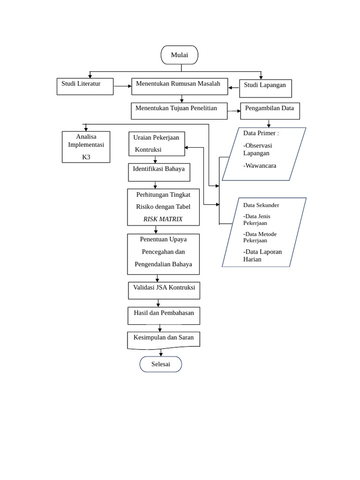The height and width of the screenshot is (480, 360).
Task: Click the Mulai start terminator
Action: [180, 55]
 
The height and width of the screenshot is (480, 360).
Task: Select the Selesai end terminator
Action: [161, 364]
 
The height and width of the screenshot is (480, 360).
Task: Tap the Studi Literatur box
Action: [85, 86]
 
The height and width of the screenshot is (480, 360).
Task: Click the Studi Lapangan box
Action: [265, 88]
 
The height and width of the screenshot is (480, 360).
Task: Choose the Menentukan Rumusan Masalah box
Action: [180, 86]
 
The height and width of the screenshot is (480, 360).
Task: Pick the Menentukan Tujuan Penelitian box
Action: [179, 111]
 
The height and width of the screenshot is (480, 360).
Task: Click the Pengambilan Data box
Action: [270, 111]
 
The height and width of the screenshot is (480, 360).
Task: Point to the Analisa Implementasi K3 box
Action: [86, 147]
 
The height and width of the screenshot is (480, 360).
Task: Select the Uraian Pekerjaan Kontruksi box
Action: [157, 143]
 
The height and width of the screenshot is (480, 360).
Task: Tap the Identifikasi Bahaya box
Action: [159, 172]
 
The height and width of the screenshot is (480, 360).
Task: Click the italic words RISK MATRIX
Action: [163, 219]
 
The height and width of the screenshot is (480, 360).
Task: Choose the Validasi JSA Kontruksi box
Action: [164, 290]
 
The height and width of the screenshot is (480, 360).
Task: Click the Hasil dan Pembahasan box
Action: [164, 315]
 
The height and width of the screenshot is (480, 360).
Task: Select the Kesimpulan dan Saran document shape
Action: [164, 340]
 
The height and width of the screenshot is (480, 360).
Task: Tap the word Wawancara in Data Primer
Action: [260, 165]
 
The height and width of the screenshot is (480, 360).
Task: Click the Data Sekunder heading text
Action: [261, 205]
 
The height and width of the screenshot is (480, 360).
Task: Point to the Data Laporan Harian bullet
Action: [262, 255]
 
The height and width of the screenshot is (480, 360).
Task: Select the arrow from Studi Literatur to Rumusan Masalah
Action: [123, 86]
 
